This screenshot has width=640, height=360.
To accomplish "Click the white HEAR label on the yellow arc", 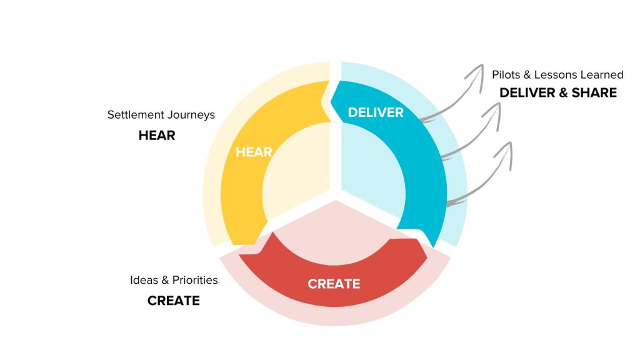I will (x=253, y=152).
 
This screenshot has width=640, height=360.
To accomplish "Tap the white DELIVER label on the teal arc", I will (x=376, y=112).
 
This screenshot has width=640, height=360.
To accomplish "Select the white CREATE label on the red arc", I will (x=334, y=284).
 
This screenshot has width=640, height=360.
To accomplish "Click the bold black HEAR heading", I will (x=157, y=134).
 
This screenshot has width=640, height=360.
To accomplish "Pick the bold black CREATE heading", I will (x=174, y=301).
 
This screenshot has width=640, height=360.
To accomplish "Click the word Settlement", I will (x=134, y=115).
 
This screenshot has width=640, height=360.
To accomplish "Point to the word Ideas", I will (x=144, y=280).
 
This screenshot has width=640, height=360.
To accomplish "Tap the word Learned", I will (x=603, y=74).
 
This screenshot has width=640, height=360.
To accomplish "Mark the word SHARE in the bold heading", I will (x=594, y=92).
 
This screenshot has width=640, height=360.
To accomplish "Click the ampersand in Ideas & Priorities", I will (x=164, y=280).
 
